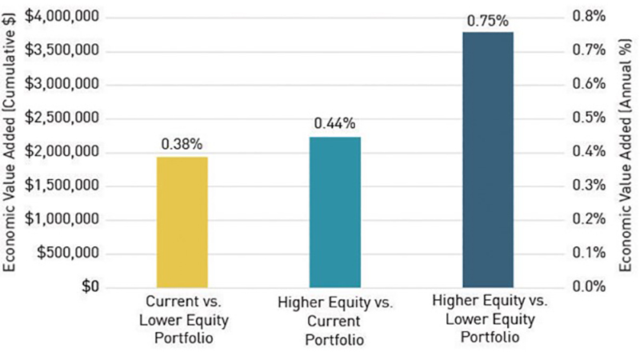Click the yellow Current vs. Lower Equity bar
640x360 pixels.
point(182,222)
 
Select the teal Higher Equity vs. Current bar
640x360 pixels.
point(334,212)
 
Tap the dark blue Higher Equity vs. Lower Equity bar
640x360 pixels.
point(488,159)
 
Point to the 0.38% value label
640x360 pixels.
point(182,144)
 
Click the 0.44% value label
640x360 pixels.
point(334,124)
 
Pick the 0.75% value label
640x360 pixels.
point(488,20)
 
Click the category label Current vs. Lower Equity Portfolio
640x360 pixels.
point(182,318)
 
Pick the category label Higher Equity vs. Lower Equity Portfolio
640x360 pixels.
point(488,318)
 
